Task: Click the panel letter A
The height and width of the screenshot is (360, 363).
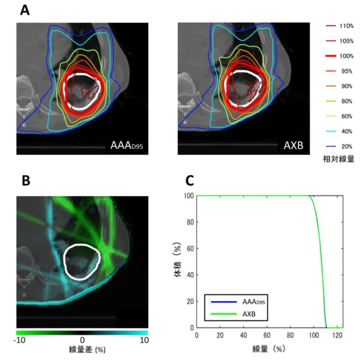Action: (25, 10)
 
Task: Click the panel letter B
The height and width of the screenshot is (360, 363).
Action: (26, 181)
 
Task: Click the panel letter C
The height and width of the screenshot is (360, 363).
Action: (189, 181)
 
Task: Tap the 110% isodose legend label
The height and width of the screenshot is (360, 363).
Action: (347, 26)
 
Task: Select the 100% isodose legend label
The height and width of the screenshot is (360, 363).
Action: (347, 56)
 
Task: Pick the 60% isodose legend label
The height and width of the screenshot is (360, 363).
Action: (347, 116)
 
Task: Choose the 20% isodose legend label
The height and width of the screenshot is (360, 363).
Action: (347, 146)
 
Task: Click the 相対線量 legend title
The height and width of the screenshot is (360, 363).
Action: (339, 159)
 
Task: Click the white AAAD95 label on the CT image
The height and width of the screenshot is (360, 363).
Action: (127, 145)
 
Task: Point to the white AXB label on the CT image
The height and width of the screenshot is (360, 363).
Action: (293, 145)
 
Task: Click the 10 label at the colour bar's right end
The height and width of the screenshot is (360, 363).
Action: (144, 340)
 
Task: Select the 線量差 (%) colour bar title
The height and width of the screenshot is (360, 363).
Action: (87, 350)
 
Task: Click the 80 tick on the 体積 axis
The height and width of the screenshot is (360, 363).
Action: (191, 222)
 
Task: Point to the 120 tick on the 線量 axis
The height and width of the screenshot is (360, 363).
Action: (337, 335)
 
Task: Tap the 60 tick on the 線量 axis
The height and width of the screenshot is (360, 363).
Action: (267, 335)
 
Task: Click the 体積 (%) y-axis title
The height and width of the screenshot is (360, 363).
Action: (177, 260)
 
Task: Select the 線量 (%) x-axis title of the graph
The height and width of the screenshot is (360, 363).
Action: (268, 348)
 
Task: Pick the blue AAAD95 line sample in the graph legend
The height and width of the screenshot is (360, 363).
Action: (224, 302)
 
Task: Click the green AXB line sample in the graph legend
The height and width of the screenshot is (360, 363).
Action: (224, 314)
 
